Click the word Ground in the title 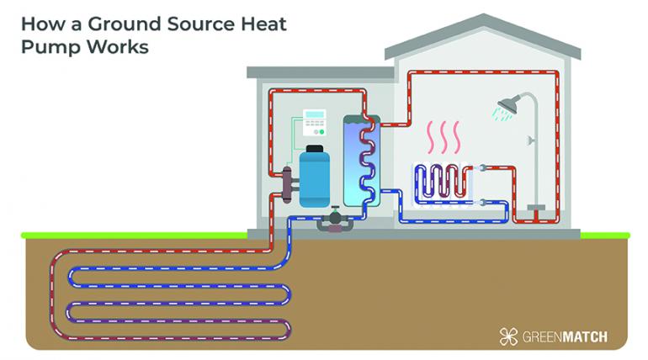[x=124, y=24]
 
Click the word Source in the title [x=200, y=24]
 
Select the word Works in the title [x=118, y=47]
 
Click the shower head [x=508, y=105]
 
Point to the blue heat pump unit [x=314, y=178]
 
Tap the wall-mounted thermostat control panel [x=315, y=122]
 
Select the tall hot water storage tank [x=362, y=161]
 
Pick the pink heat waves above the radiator [x=444, y=137]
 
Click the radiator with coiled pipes [x=444, y=185]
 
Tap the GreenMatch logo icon [x=508, y=336]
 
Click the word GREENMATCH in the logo [x=565, y=337]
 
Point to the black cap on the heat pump [x=315, y=149]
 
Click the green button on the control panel [x=321, y=132]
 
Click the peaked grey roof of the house [x=483, y=37]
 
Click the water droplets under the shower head [x=502, y=114]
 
